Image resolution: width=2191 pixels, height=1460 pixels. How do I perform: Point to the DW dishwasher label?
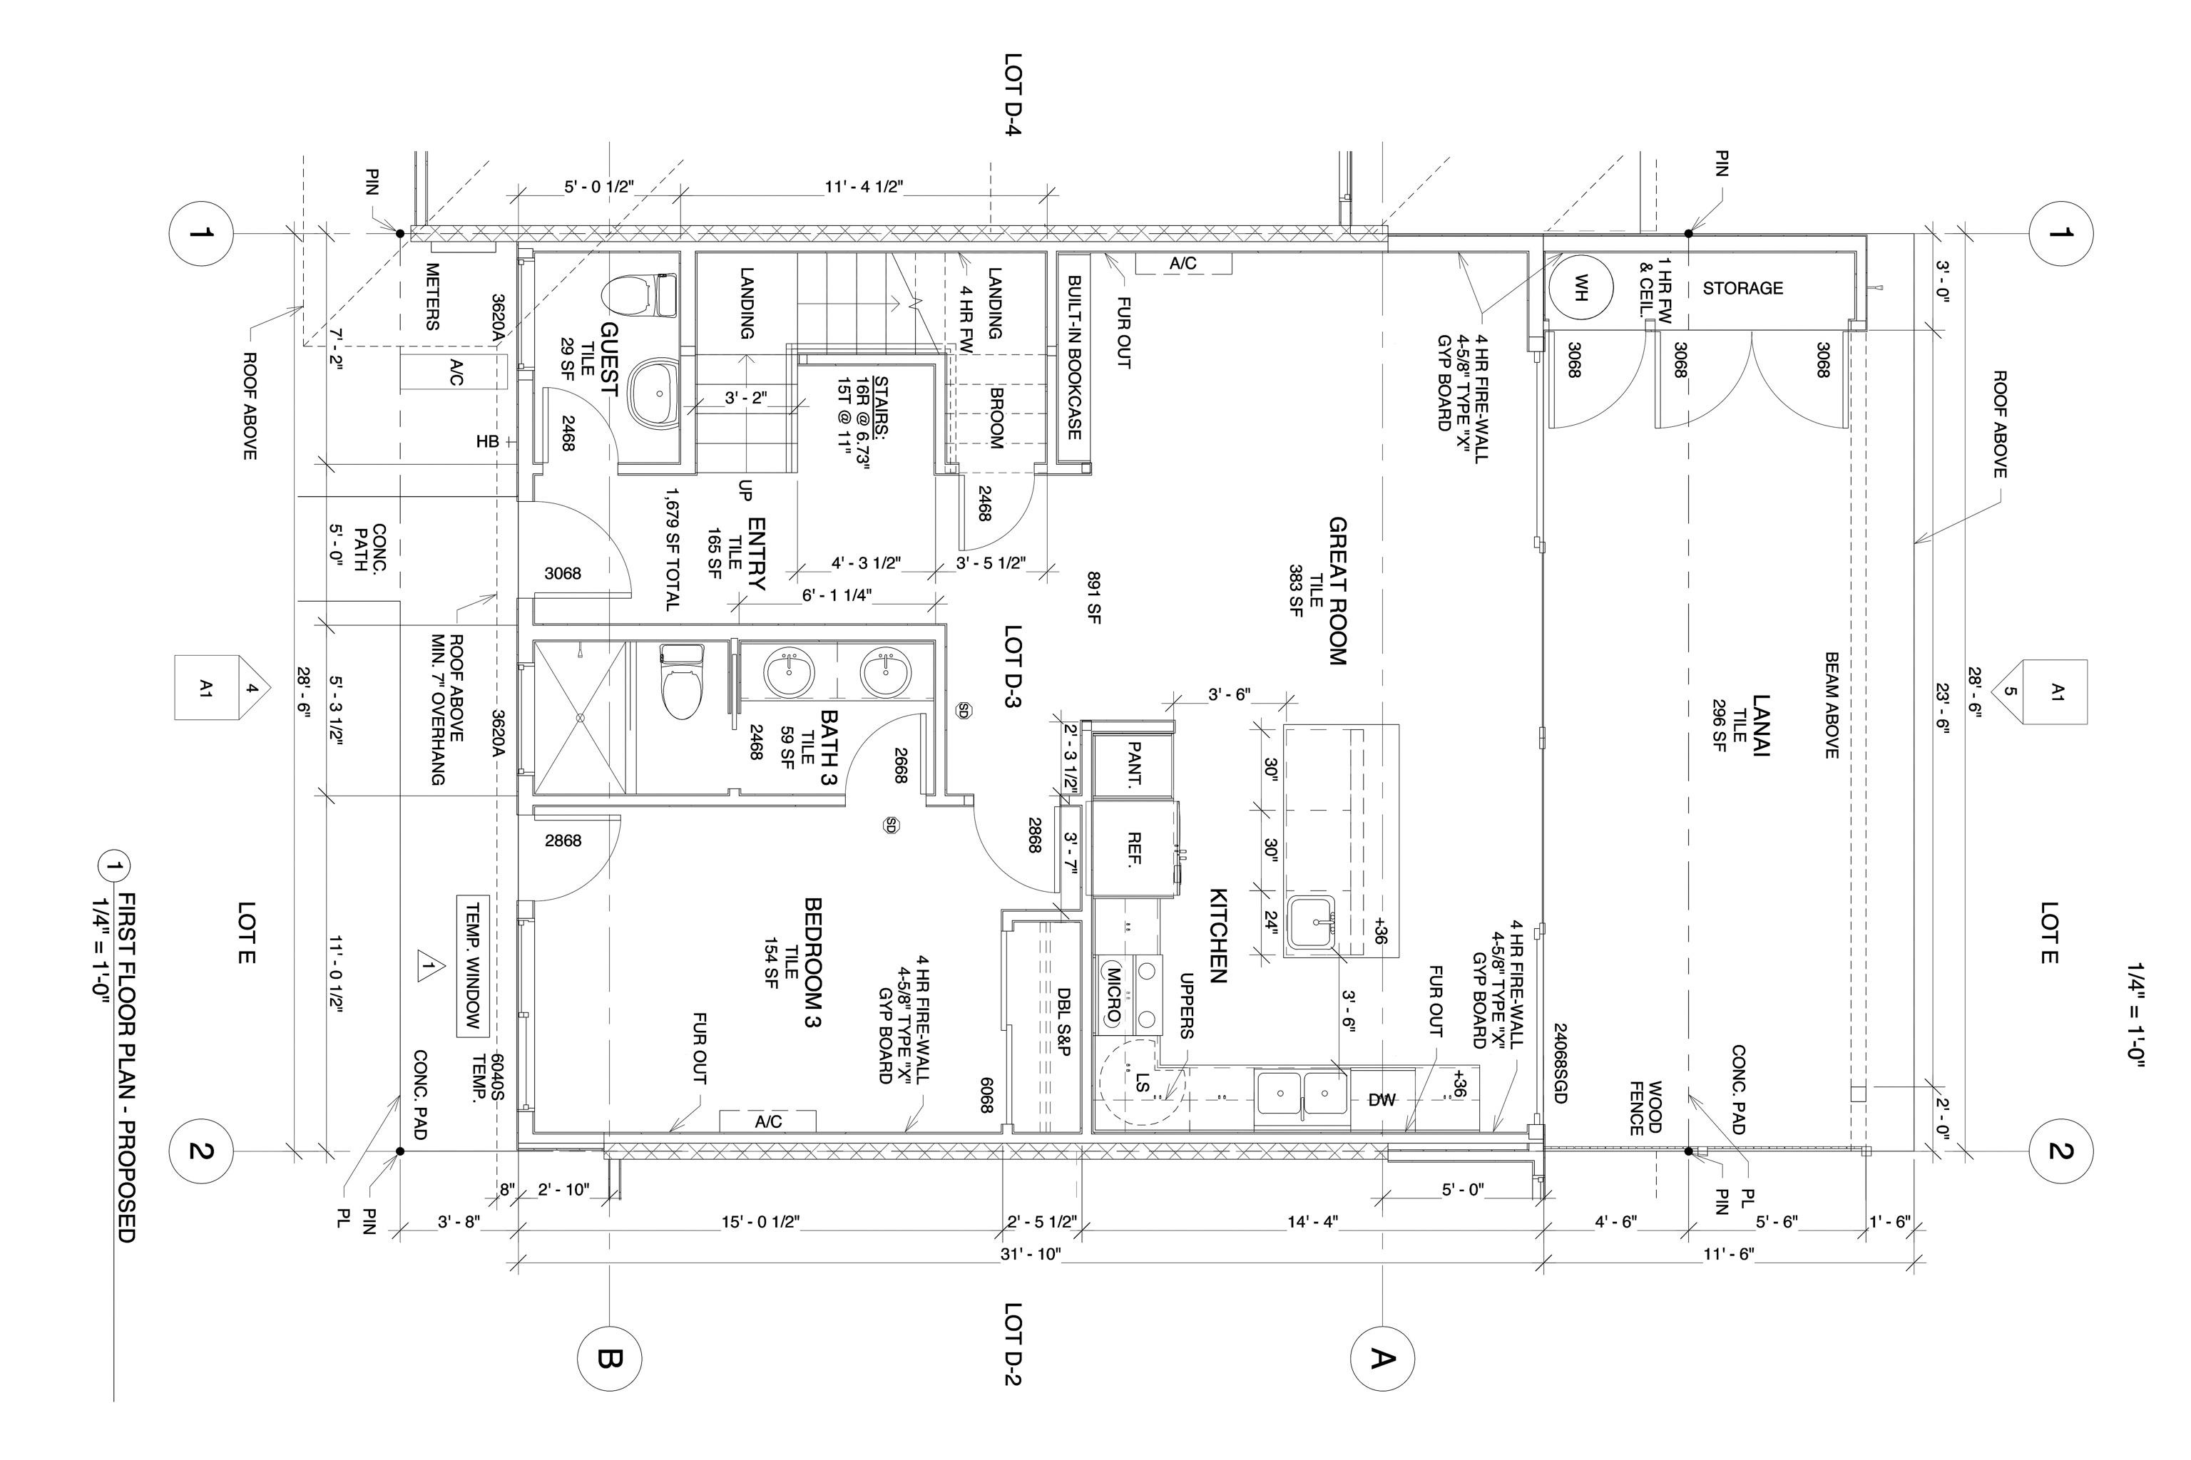click(x=1382, y=1100)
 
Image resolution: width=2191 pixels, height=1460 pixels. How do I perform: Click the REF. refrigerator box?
click(x=1135, y=849)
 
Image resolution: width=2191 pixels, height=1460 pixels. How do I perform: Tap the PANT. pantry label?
click(x=1135, y=764)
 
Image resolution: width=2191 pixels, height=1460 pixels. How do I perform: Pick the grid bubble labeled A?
click(x=1382, y=1359)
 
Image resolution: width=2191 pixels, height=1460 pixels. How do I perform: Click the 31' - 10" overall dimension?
click(x=1031, y=1254)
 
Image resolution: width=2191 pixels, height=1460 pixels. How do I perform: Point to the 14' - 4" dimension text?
click(x=1312, y=1222)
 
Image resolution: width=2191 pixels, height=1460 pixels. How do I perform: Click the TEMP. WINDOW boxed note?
click(x=472, y=965)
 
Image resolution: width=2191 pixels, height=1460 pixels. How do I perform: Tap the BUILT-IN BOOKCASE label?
click(x=1073, y=358)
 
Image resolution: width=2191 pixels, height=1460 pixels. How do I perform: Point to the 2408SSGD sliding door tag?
click(x=1561, y=1064)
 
